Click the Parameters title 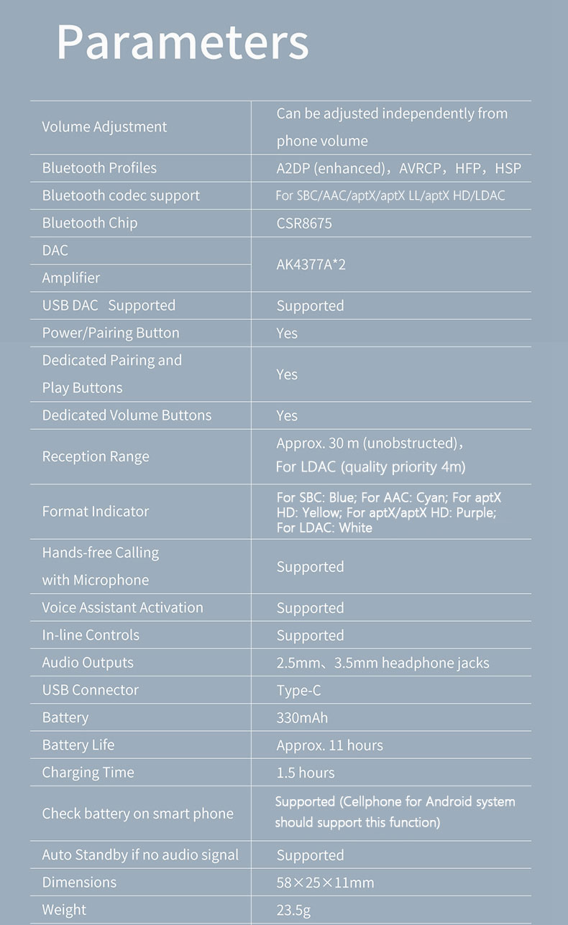click(183, 42)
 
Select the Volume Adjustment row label click(104, 126)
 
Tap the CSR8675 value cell click(304, 223)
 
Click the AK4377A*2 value click(311, 264)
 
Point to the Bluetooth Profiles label click(99, 168)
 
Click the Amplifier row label click(70, 277)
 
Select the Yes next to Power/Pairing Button click(287, 333)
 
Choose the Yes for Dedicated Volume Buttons click(287, 415)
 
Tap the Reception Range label click(96, 456)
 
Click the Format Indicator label click(96, 511)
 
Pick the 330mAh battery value click(302, 717)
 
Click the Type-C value click(298, 690)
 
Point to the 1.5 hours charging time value click(306, 773)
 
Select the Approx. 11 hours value click(329, 745)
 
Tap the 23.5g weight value click(293, 910)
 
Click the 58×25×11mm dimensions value click(325, 883)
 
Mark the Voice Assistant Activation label click(122, 607)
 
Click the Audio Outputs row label click(88, 663)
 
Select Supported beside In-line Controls click(310, 635)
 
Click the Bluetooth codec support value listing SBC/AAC click(390, 195)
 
